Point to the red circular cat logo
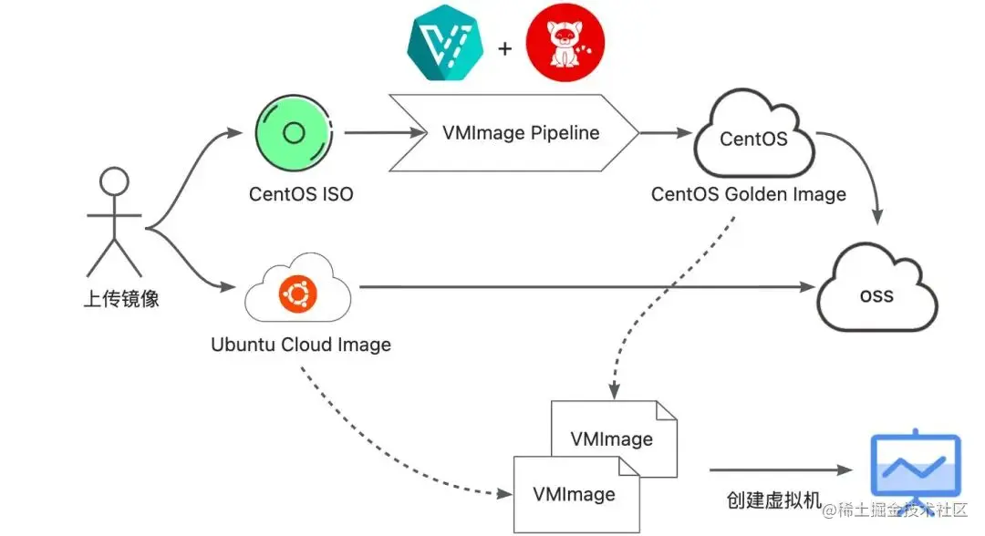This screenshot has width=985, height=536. (565, 44)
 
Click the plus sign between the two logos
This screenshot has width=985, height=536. (505, 46)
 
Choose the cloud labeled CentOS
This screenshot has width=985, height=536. (753, 139)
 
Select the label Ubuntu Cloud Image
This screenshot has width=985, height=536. (301, 345)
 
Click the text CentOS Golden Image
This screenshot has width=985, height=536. (748, 194)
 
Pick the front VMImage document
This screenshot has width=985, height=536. (575, 495)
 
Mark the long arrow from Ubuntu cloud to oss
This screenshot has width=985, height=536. (584, 287)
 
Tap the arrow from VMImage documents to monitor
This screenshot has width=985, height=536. (780, 470)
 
